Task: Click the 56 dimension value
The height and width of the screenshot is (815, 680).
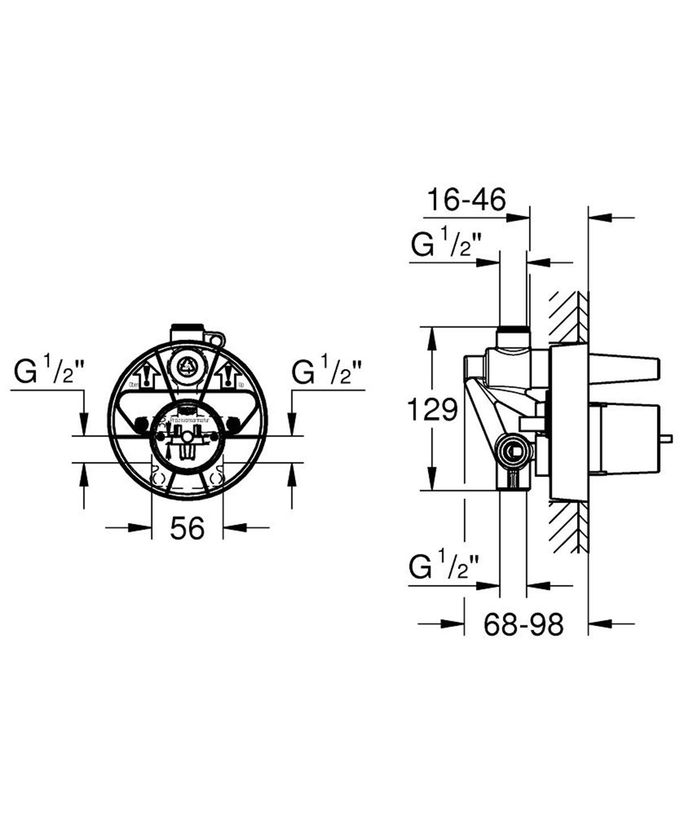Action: pos(187,529)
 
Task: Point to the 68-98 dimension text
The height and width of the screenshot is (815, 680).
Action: pos(524,624)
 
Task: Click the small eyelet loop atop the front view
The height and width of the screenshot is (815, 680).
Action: pos(216,338)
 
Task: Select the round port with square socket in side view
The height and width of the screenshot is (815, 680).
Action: pos(512,452)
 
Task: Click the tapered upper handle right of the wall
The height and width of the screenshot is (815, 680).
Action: pos(623,367)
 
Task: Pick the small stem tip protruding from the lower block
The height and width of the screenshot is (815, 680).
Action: pos(669,438)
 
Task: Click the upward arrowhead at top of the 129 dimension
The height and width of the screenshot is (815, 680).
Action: pos(432,337)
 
